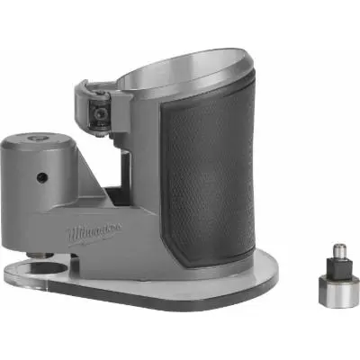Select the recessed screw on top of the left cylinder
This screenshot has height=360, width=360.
pos(37,139)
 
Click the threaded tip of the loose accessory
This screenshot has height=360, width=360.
pos(337,246)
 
